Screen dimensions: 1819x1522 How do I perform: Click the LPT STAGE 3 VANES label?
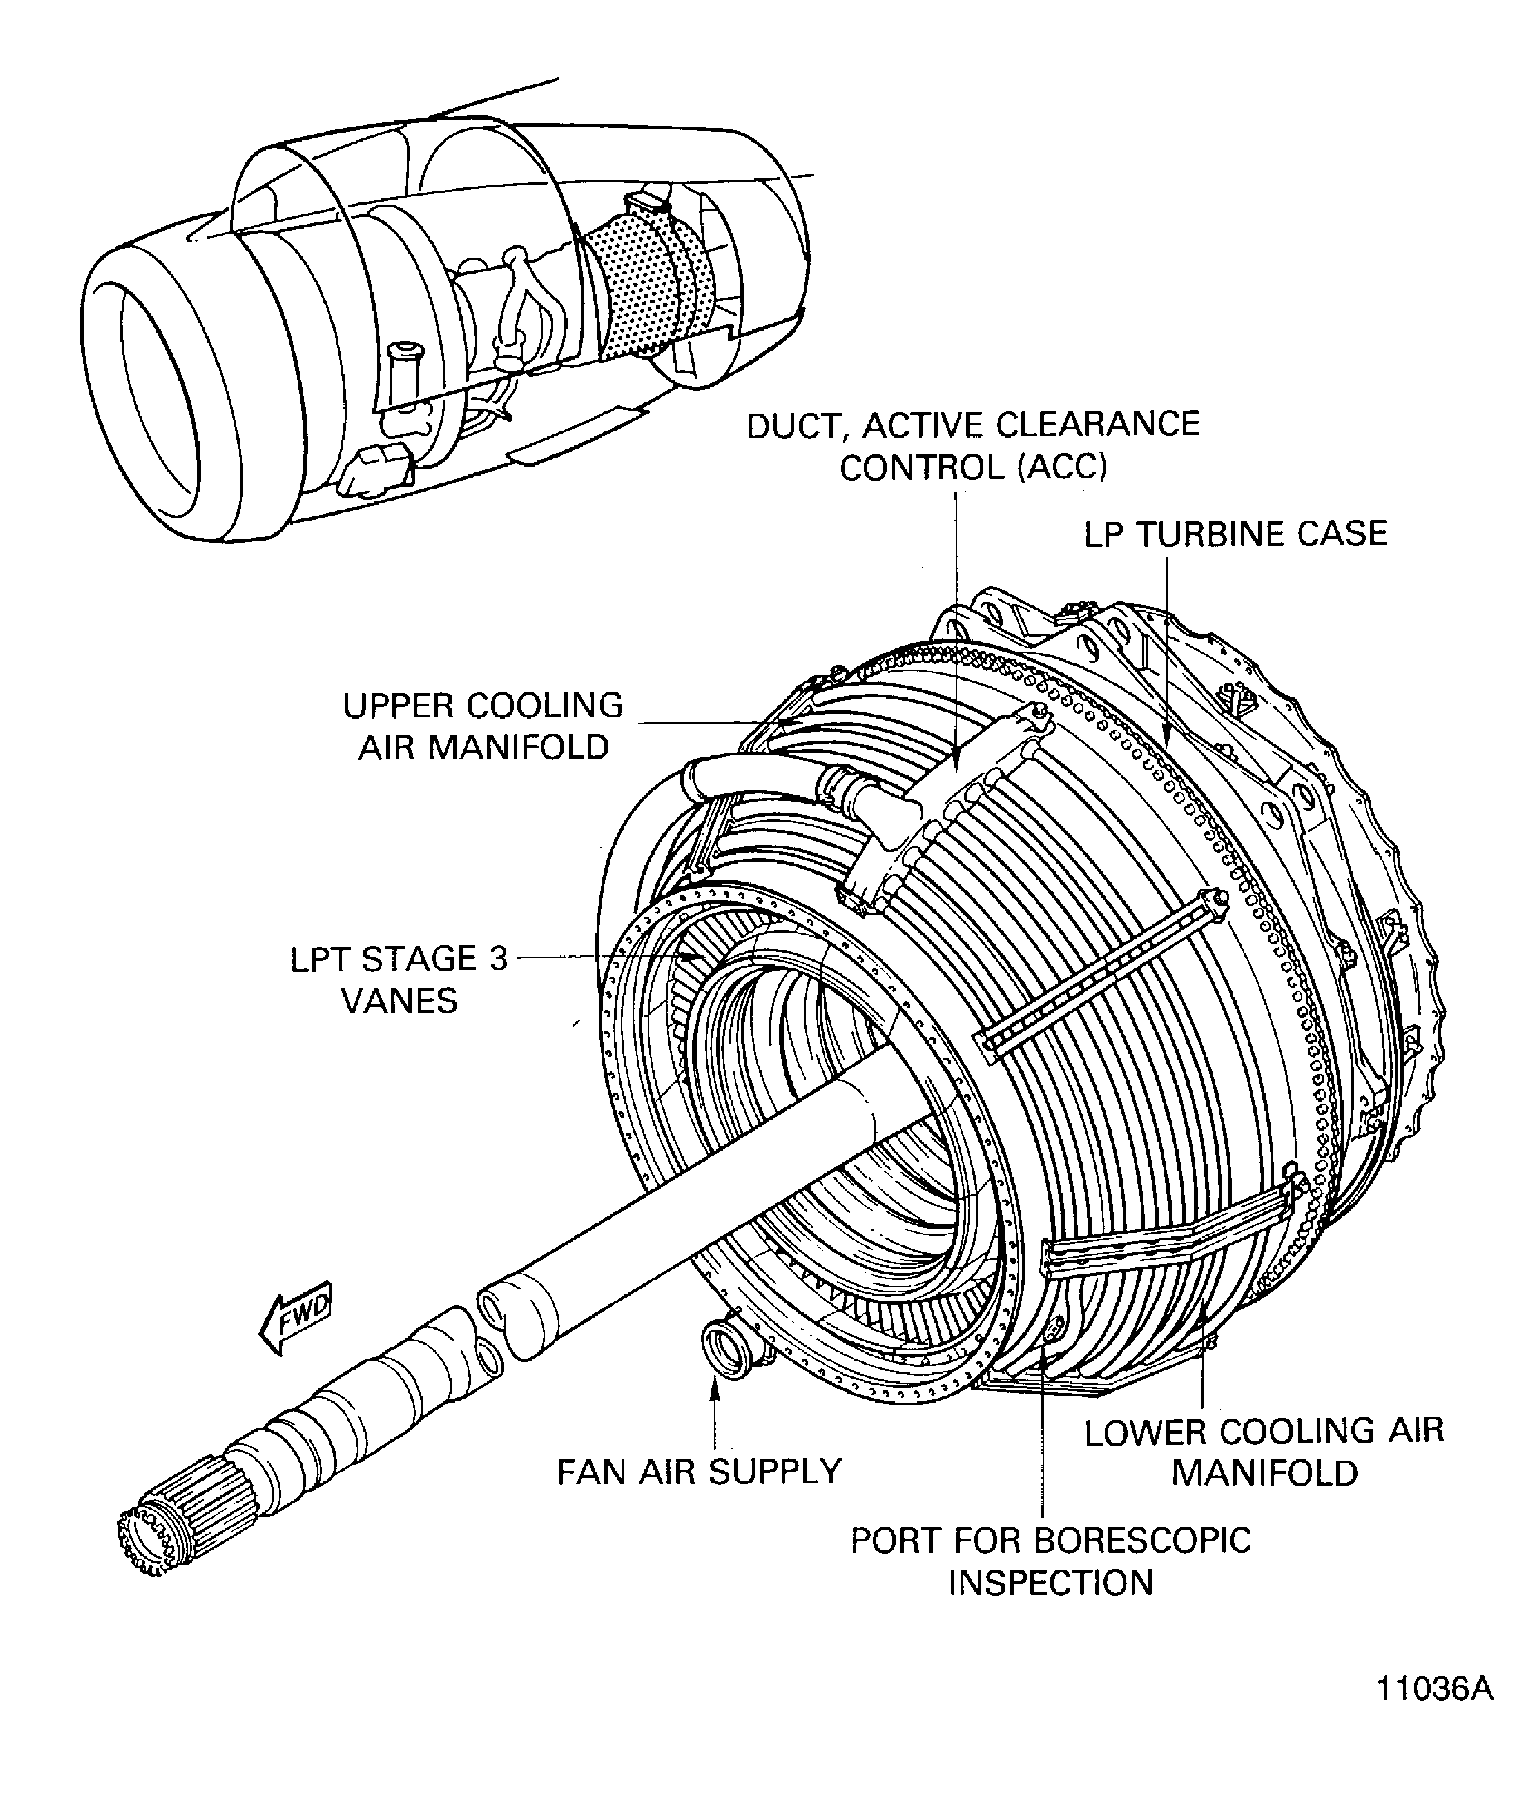399,979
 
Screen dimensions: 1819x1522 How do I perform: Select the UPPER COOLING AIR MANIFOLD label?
483,726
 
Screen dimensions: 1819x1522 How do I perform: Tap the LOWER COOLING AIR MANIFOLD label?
1264,1452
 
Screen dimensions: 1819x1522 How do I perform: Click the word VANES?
399,1001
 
